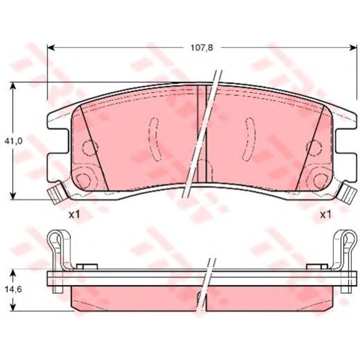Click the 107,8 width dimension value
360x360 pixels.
pos(202,48)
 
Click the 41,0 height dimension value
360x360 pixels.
pos(13,141)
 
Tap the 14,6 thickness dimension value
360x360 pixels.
pos(13,289)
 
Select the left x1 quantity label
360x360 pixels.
pos(74,215)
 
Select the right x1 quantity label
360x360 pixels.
pos(326,215)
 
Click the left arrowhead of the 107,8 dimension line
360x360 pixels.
pos(50,48)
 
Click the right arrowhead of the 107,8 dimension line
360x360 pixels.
pos(353,48)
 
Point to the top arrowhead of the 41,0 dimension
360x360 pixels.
pos(13,86)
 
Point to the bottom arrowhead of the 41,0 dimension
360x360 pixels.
pos(13,195)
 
